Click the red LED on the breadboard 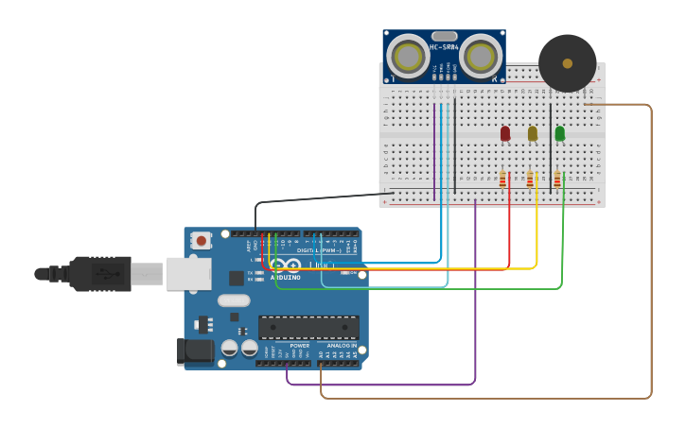[505, 133]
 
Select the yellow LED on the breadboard [533, 133]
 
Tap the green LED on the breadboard [560, 133]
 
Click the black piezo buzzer [568, 63]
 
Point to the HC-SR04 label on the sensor [444, 47]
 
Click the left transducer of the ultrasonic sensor [409, 57]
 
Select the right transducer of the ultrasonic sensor [480, 57]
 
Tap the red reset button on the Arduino [201, 240]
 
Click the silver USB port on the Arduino [188, 274]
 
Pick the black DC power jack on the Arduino [196, 351]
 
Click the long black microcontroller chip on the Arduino [308, 327]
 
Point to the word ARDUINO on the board [286, 278]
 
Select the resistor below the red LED [503, 179]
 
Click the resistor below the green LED [558, 179]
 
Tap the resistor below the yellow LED [531, 179]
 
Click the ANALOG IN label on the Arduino [342, 346]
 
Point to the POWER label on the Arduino [300, 346]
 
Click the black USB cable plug [99, 274]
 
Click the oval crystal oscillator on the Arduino [234, 300]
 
